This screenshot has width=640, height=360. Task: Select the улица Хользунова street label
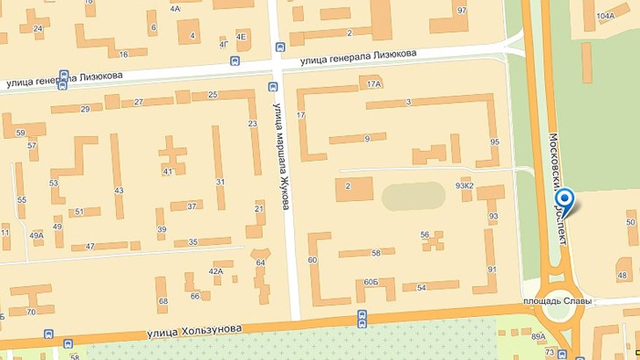(194, 330)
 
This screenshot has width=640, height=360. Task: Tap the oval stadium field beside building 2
(413, 196)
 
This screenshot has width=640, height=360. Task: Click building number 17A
(374, 84)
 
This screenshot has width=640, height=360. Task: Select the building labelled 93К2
(465, 185)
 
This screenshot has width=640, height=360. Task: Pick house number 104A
(605, 15)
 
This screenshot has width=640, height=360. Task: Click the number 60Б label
(371, 282)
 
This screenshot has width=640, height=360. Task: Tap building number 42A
(216, 271)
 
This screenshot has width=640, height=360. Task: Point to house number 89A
(539, 337)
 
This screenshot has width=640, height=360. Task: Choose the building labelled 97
(461, 11)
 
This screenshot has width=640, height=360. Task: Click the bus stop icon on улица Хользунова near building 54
(362, 317)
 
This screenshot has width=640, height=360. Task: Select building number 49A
(36, 235)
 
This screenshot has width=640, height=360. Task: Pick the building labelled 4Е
(242, 36)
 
